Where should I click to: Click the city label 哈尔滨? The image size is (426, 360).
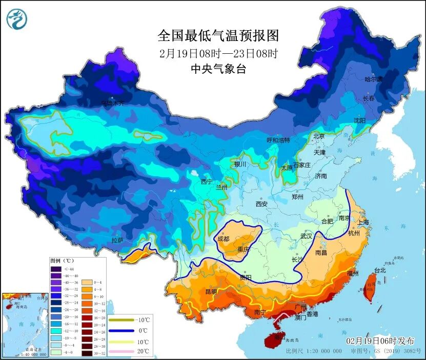pyautogui.click(x=373, y=79)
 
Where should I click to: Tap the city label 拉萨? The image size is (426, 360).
pyautogui.click(x=117, y=240)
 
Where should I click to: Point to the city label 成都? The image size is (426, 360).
pyautogui.click(x=224, y=238)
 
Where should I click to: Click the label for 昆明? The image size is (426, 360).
pyautogui.click(x=211, y=291)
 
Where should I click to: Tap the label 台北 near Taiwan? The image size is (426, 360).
pyautogui.click(x=379, y=270)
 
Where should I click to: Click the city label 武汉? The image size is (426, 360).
pyautogui.click(x=306, y=236)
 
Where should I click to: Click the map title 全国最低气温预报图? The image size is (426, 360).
pyautogui.click(x=218, y=35)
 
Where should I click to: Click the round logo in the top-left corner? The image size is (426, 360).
pyautogui.click(x=16, y=18)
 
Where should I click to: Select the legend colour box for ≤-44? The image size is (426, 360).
pyautogui.click(x=55, y=268)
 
